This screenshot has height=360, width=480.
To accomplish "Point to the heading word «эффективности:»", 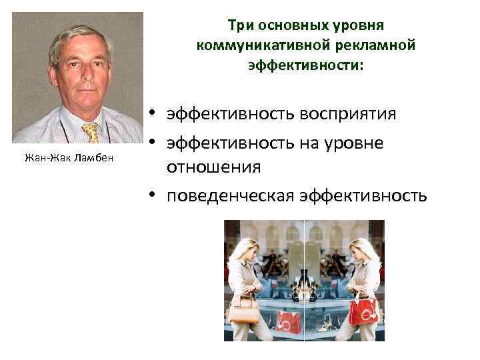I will point(306,66).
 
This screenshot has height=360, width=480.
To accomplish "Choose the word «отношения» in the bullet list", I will point(213,166).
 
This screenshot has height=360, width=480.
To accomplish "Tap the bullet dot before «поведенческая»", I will point(153,195).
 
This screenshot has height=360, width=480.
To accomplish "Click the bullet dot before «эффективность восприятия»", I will point(153,114).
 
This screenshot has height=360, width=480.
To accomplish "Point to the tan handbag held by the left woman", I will point(244,309).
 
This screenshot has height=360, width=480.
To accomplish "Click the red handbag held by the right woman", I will point(363,309).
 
